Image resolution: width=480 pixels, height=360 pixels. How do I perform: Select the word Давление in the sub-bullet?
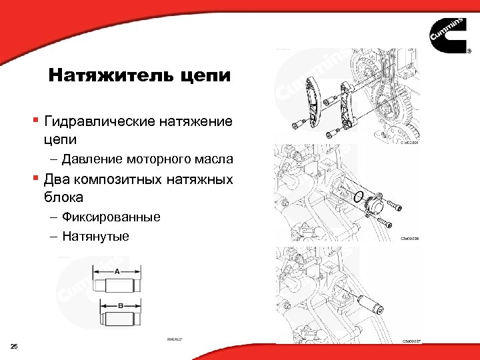coord(89,159)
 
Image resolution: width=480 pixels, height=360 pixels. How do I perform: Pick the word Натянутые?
coord(95,236)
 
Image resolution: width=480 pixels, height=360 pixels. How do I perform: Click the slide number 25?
coord(15,345)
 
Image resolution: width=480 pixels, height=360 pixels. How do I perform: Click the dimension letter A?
coord(117,272)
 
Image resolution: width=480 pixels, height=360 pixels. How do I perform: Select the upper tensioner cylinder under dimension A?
coord(117,287)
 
